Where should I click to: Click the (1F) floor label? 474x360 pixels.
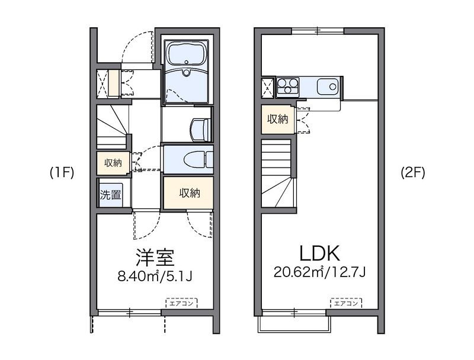(x=62, y=173)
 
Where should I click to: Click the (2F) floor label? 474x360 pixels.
(x=413, y=173)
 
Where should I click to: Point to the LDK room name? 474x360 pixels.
(x=319, y=253)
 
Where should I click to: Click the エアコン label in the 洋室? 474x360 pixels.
(x=182, y=303)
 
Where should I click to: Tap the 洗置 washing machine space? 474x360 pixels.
(x=110, y=194)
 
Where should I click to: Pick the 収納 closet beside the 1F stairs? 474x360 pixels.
(x=113, y=162)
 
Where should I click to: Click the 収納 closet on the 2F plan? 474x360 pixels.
(x=277, y=119)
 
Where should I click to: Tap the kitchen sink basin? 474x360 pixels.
(x=328, y=87)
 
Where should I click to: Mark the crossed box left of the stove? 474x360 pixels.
(x=268, y=87)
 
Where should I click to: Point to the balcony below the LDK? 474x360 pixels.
(x=294, y=322)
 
